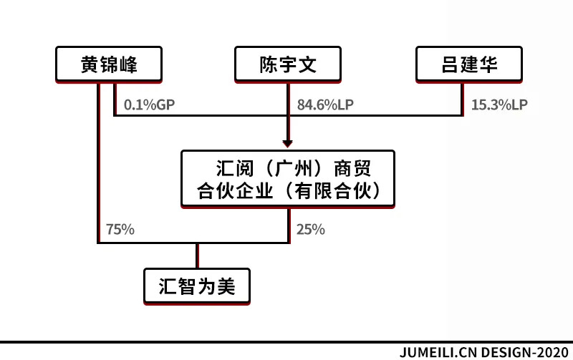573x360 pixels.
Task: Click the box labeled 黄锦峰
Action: point(109,64)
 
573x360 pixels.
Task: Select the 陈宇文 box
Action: point(287,64)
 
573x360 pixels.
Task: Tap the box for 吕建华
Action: point(468,64)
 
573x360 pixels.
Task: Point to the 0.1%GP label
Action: point(149,104)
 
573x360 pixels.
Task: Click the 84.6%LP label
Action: point(325,104)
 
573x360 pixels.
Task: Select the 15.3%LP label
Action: point(499,104)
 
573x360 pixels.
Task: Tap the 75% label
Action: point(120,230)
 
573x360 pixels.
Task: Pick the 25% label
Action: point(310,230)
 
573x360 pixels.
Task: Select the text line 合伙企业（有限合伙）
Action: point(287,191)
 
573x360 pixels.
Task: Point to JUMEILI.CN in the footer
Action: point(437,352)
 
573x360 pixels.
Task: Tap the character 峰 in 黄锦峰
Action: point(128,65)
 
